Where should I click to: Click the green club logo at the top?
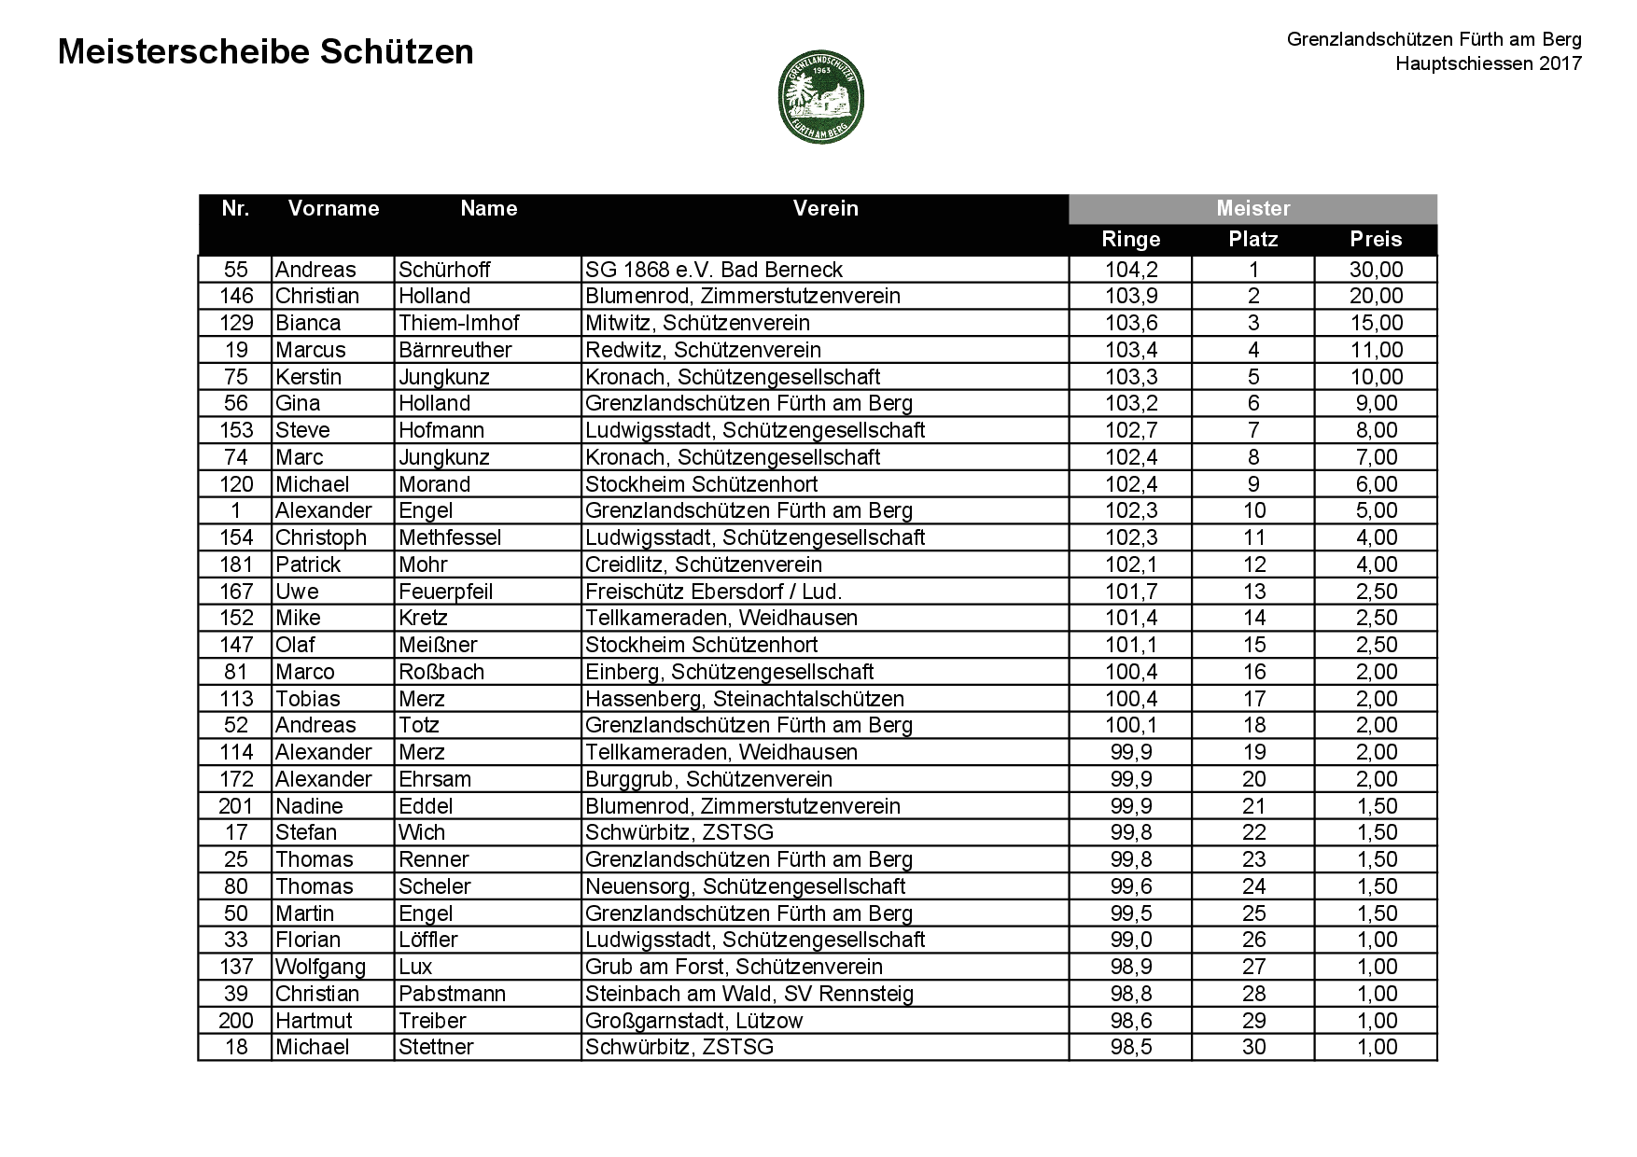820,96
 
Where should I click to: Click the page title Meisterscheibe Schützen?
266,52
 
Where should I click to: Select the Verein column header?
825,208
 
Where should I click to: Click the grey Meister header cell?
1252,208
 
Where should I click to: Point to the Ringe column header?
1130,239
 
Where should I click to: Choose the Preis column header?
1376,239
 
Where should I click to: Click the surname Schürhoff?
444,270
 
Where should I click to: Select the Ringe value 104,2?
1130,270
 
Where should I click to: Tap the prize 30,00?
1376,270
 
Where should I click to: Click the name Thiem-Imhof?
458,323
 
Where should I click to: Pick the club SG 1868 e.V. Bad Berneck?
714,270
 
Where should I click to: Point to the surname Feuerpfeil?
445,592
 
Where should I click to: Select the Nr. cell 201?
235,806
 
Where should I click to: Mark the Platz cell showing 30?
1253,1047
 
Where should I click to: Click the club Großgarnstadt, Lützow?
693,1021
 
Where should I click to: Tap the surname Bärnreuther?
455,350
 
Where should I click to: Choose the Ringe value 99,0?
1130,940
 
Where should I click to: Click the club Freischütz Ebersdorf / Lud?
713,592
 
